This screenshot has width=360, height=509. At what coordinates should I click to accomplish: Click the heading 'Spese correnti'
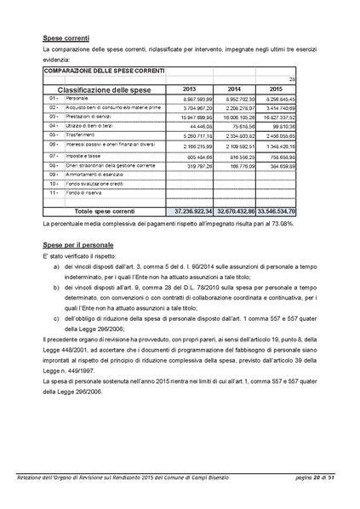[67, 39]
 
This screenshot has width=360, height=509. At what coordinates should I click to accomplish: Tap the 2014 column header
[234, 89]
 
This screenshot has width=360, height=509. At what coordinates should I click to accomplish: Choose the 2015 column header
[275, 89]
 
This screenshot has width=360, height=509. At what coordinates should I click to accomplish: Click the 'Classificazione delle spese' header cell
[103, 89]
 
